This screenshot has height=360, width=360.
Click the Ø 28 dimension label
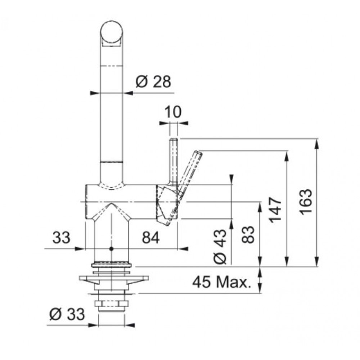(153, 82)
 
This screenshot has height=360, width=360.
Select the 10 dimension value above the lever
(173, 112)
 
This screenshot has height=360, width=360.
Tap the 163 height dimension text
(306, 202)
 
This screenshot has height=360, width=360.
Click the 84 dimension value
(150, 238)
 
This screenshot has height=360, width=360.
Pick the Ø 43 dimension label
(220, 247)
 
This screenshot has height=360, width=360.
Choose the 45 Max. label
(221, 282)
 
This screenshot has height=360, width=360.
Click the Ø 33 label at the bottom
(67, 314)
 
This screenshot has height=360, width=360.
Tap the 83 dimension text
(248, 235)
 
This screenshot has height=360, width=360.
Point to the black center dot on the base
(112, 249)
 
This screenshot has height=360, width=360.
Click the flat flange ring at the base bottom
(112, 265)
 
